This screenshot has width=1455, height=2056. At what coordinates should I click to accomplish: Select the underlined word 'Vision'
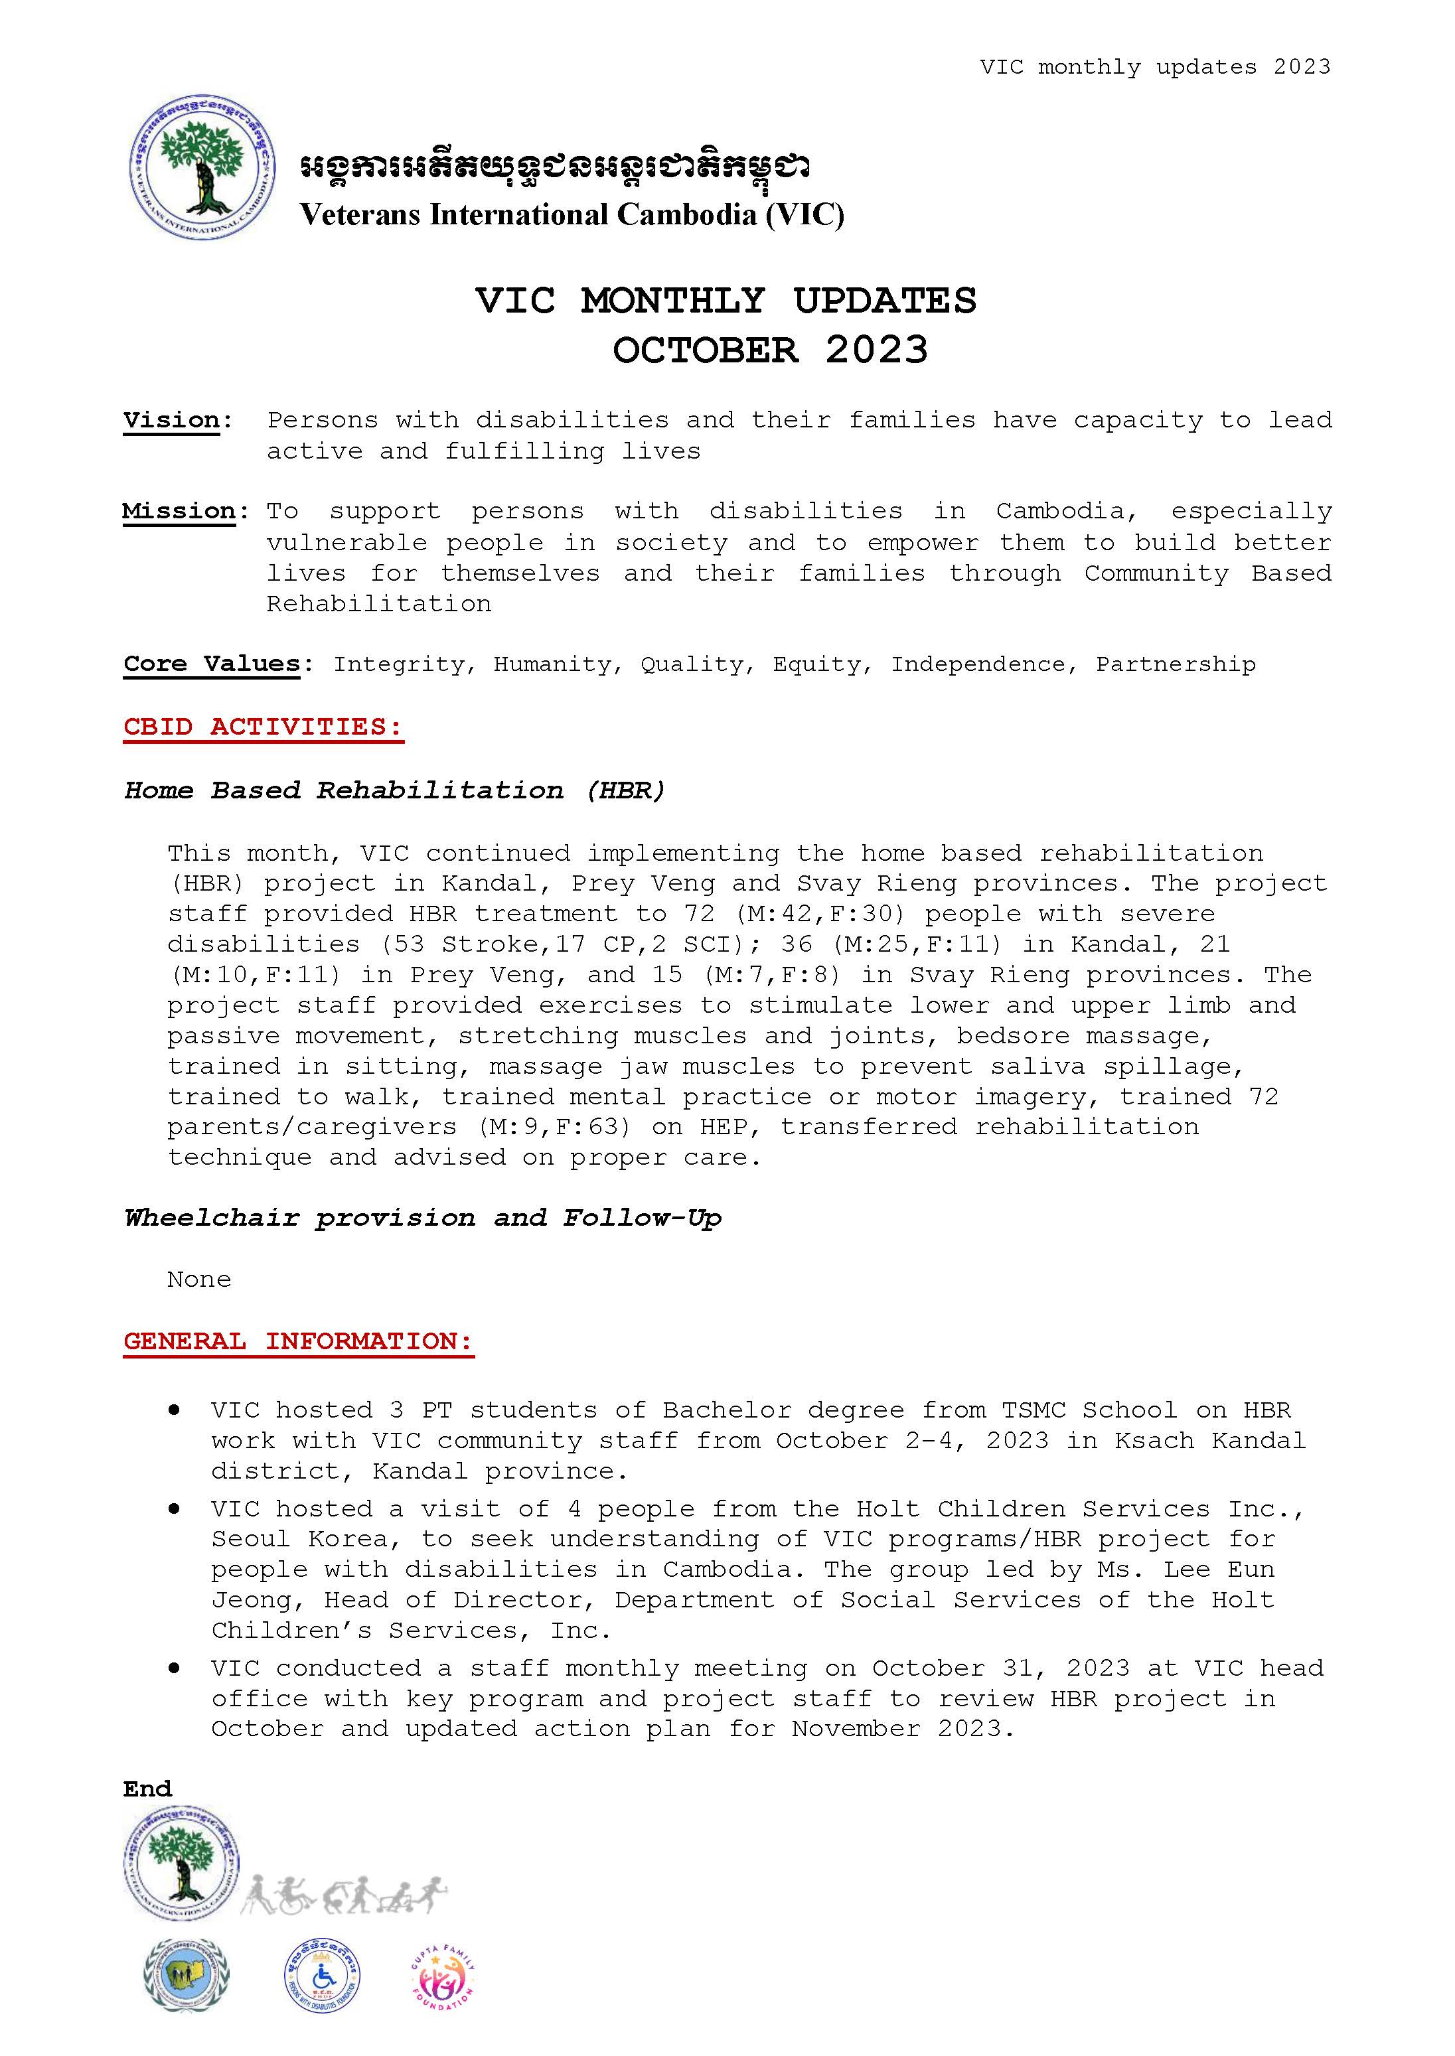click(171, 420)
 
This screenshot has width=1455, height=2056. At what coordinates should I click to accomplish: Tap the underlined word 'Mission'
click(179, 512)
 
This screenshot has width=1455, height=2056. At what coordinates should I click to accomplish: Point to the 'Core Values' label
click(212, 664)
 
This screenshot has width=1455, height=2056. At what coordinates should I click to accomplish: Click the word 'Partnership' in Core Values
click(1176, 664)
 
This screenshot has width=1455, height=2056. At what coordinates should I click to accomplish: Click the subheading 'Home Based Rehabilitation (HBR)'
click(395, 790)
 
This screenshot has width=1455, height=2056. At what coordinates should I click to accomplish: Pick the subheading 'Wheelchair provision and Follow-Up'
click(423, 1218)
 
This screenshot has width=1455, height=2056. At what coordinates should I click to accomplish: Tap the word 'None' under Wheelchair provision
click(199, 1280)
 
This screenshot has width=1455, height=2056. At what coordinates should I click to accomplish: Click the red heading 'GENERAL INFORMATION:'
click(298, 1341)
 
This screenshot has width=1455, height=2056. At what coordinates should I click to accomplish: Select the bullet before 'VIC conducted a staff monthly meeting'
click(174, 1668)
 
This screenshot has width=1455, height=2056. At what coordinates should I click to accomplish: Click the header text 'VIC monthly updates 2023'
click(1155, 67)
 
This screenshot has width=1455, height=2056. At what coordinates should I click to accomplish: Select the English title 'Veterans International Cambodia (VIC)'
click(572, 215)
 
